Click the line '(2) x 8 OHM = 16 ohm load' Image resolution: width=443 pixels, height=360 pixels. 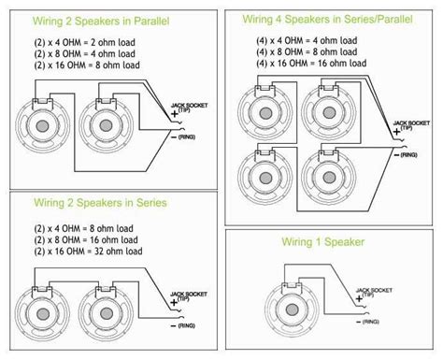(x=89, y=238)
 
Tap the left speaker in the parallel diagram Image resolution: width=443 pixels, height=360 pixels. (x=43, y=130)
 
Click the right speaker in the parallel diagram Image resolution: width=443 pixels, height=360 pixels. (x=106, y=130)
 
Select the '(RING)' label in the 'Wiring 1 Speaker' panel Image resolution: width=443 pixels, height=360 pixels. (x=370, y=321)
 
